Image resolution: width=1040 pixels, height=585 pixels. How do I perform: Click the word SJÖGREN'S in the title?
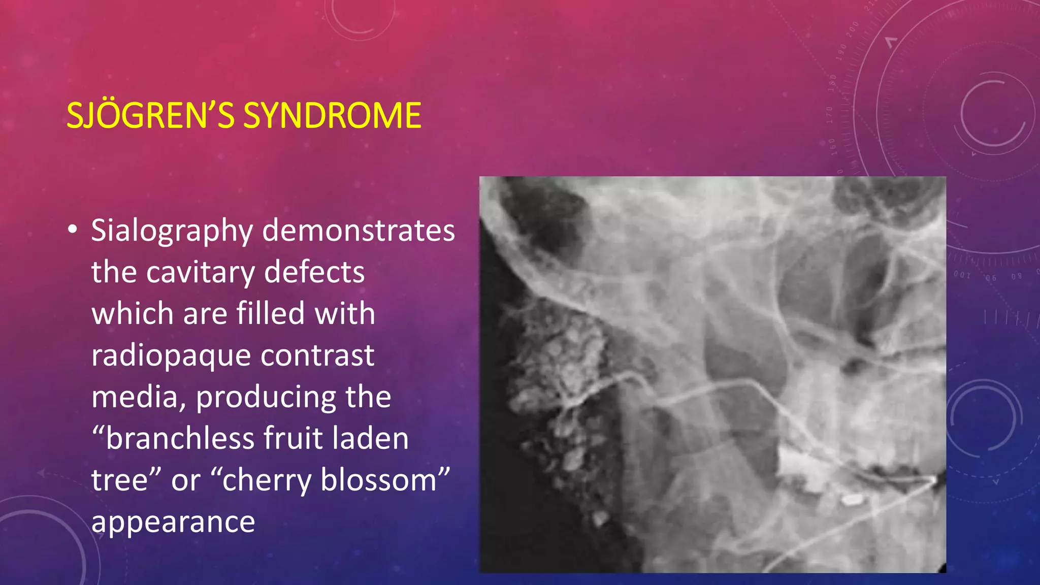pyautogui.click(x=150, y=115)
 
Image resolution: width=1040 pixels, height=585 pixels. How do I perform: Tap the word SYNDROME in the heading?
pyautogui.click(x=332, y=115)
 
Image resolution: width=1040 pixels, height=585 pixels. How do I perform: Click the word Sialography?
pyautogui.click(x=172, y=231)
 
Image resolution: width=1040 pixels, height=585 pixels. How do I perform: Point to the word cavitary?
pyautogui.click(x=200, y=273)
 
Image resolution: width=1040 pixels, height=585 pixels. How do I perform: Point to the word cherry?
pyautogui.click(x=267, y=481)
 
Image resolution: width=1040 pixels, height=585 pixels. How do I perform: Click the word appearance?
pyautogui.click(x=173, y=522)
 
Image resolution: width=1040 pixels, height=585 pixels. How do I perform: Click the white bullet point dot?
pyautogui.click(x=73, y=230)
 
